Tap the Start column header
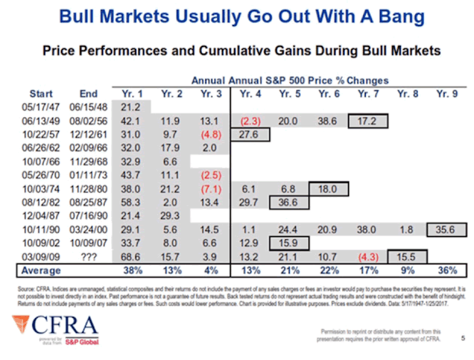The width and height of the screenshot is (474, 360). click(41, 94)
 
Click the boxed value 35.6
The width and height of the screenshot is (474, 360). click(446, 230)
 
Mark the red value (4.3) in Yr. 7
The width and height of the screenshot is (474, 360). click(367, 257)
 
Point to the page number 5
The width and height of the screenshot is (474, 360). click(462, 338)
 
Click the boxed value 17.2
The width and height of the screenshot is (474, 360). click(368, 121)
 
